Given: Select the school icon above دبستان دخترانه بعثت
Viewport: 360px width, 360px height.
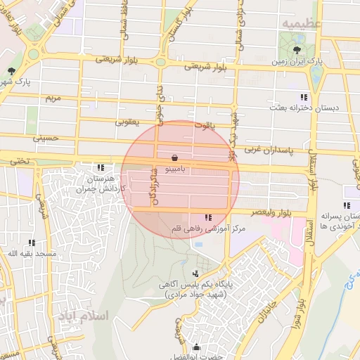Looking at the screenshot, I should point(303,97).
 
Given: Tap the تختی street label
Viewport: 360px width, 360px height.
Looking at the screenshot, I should point(20,161).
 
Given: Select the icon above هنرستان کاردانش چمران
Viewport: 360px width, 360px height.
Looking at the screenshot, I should point(101,167).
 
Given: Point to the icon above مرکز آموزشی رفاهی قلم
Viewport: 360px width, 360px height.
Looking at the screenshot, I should point(207,217).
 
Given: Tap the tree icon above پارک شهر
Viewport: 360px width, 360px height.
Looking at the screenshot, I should point(11,72).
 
